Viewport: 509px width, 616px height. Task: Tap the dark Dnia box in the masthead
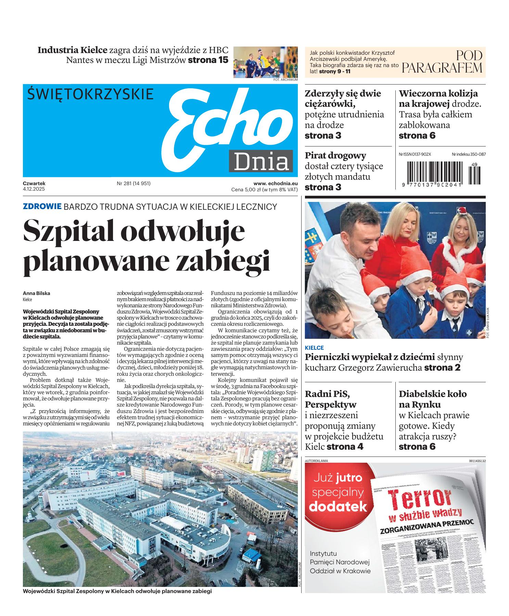point(261,161)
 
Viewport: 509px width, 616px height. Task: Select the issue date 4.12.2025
point(34,189)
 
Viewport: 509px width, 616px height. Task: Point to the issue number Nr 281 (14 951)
point(133,183)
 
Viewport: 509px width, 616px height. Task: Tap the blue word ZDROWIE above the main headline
point(42,206)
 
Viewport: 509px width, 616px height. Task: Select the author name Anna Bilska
point(36,293)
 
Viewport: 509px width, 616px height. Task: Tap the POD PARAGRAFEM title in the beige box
point(442,62)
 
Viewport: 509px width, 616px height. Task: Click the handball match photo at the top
point(265,62)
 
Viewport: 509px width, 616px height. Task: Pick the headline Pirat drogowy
point(335,156)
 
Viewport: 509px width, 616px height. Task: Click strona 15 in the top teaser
point(208,60)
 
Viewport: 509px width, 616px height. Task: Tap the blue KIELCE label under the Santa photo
point(314,348)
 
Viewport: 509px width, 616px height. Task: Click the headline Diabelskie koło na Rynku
point(433,399)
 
